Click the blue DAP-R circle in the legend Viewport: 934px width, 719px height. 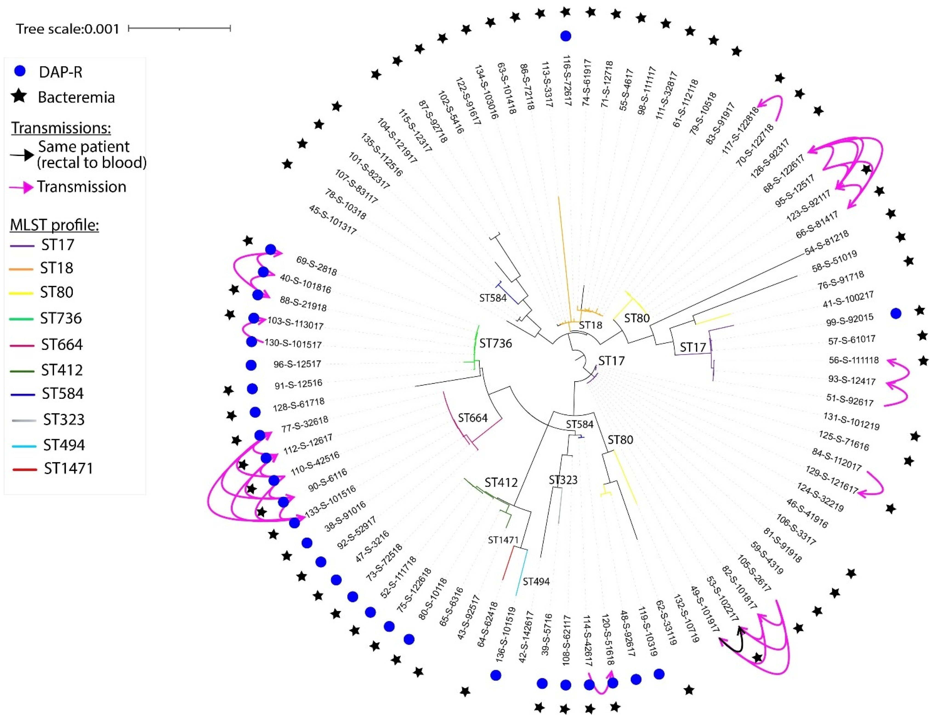click(20, 71)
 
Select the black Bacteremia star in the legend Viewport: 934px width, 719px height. click(19, 97)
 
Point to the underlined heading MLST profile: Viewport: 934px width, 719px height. click(54, 225)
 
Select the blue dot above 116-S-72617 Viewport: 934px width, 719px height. click(565, 36)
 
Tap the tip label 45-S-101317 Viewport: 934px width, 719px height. click(333, 220)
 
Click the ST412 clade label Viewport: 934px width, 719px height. click(501, 482)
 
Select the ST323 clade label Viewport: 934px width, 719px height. click(563, 480)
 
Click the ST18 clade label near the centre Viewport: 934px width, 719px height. click(590, 325)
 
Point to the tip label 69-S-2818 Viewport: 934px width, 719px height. click(316, 266)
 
